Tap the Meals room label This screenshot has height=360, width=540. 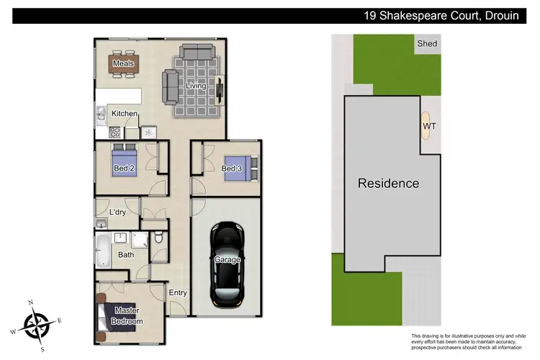tap(123, 63)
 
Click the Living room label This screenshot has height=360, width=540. tap(196, 86)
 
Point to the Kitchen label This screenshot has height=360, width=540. tap(125, 114)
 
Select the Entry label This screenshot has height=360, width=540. tap(177, 292)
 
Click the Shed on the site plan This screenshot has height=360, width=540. tap(428, 44)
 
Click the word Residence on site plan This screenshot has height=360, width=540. tap(388, 183)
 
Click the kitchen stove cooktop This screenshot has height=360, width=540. tap(114, 132)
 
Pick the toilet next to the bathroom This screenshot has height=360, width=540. tap(160, 238)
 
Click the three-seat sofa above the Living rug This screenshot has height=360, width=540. tap(197, 53)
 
